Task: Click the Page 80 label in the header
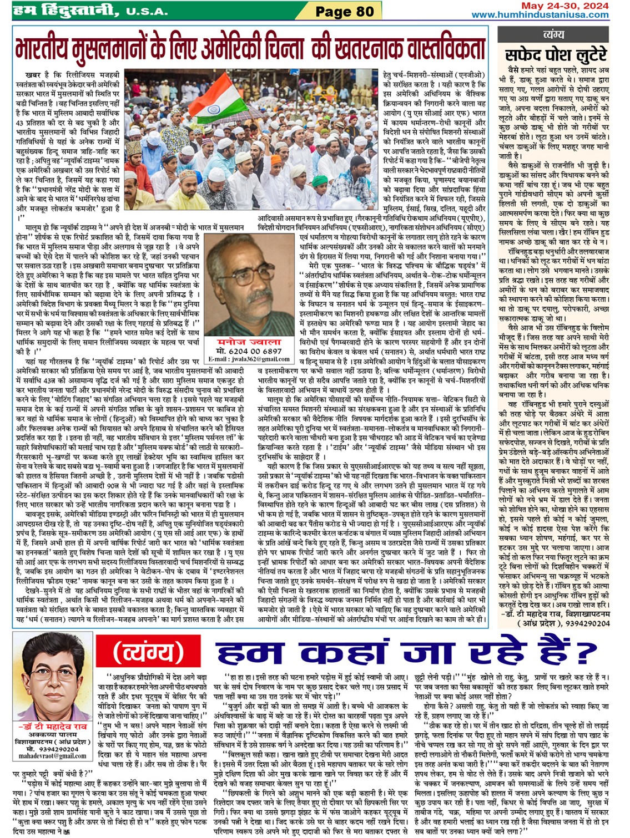[x=344, y=11]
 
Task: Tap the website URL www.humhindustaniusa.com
[x=540, y=15]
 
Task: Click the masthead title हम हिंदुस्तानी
[x=67, y=10]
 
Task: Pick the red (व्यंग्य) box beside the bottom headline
[x=149, y=652]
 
